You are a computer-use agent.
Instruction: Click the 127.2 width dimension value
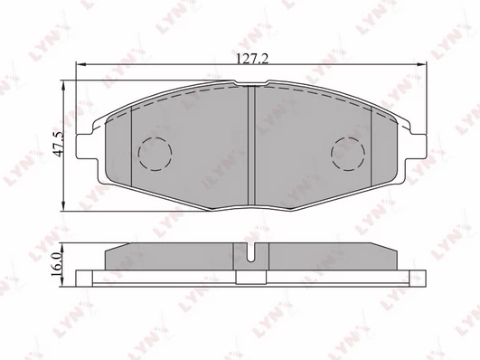[x=252, y=58]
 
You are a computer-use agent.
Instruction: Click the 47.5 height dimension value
[x=58, y=144]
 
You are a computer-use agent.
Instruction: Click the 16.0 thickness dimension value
[x=57, y=264]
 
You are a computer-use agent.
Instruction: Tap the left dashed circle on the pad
[x=155, y=154]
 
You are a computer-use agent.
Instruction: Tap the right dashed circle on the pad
[x=348, y=154]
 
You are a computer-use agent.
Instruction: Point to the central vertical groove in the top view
[x=251, y=146]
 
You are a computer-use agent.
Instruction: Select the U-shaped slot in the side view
[x=251, y=252]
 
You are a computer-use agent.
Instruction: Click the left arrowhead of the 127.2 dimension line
[x=80, y=64]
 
